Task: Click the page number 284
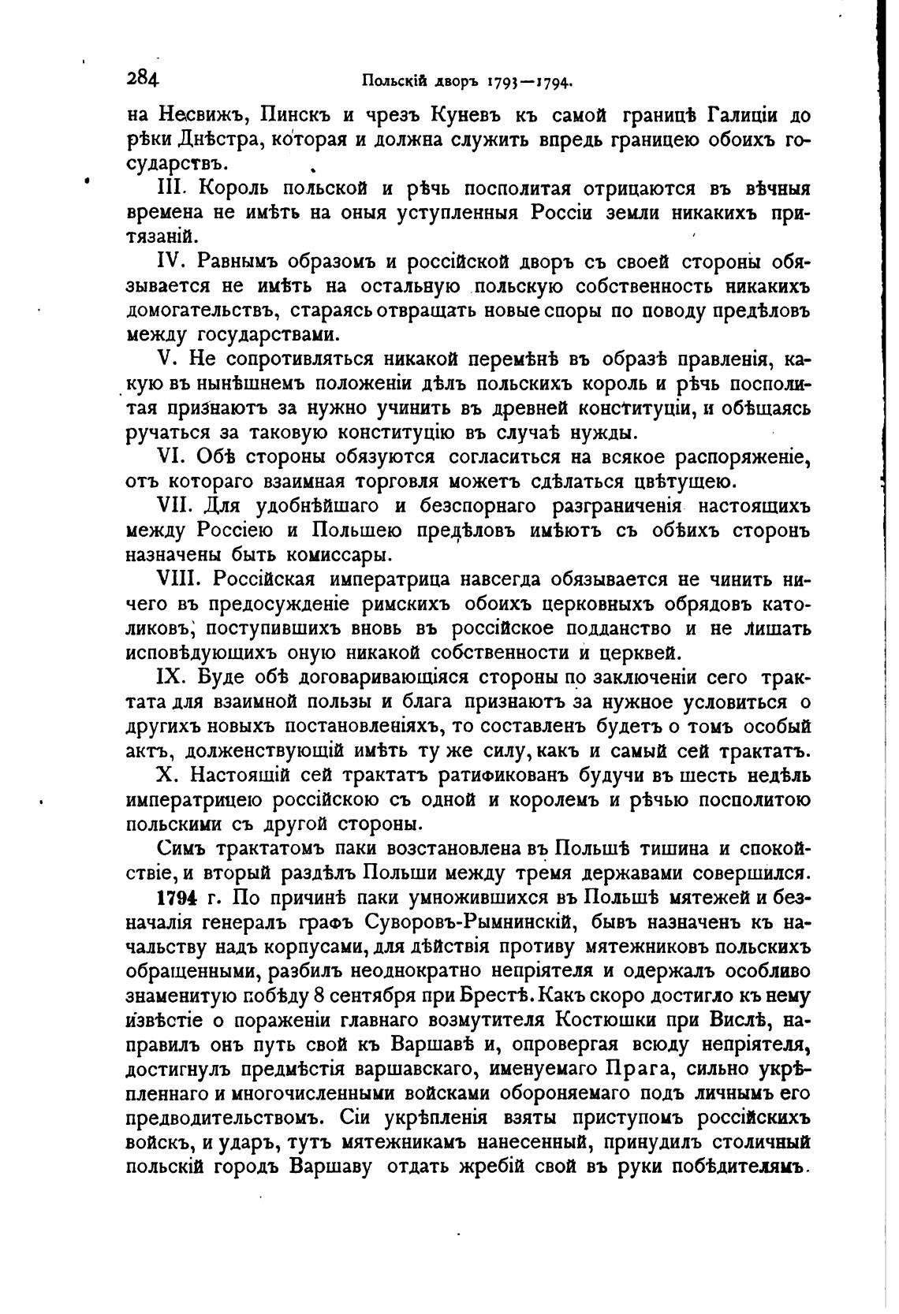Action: pyautogui.click(x=142, y=79)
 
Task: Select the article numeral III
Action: pyautogui.click(x=172, y=189)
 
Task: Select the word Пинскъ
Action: pyautogui.click(x=294, y=116)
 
